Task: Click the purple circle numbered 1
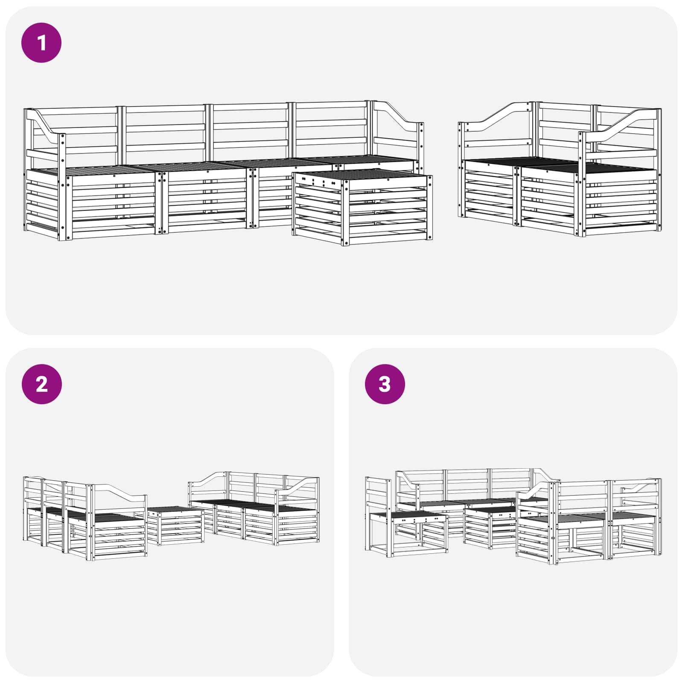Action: coord(41,43)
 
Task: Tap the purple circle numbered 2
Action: coord(41,384)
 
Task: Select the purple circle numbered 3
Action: coord(385,384)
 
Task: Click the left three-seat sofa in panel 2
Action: coord(85,521)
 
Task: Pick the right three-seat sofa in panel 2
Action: coord(256,512)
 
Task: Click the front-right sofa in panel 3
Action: coord(589,525)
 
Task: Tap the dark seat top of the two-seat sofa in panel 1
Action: coord(555,164)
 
